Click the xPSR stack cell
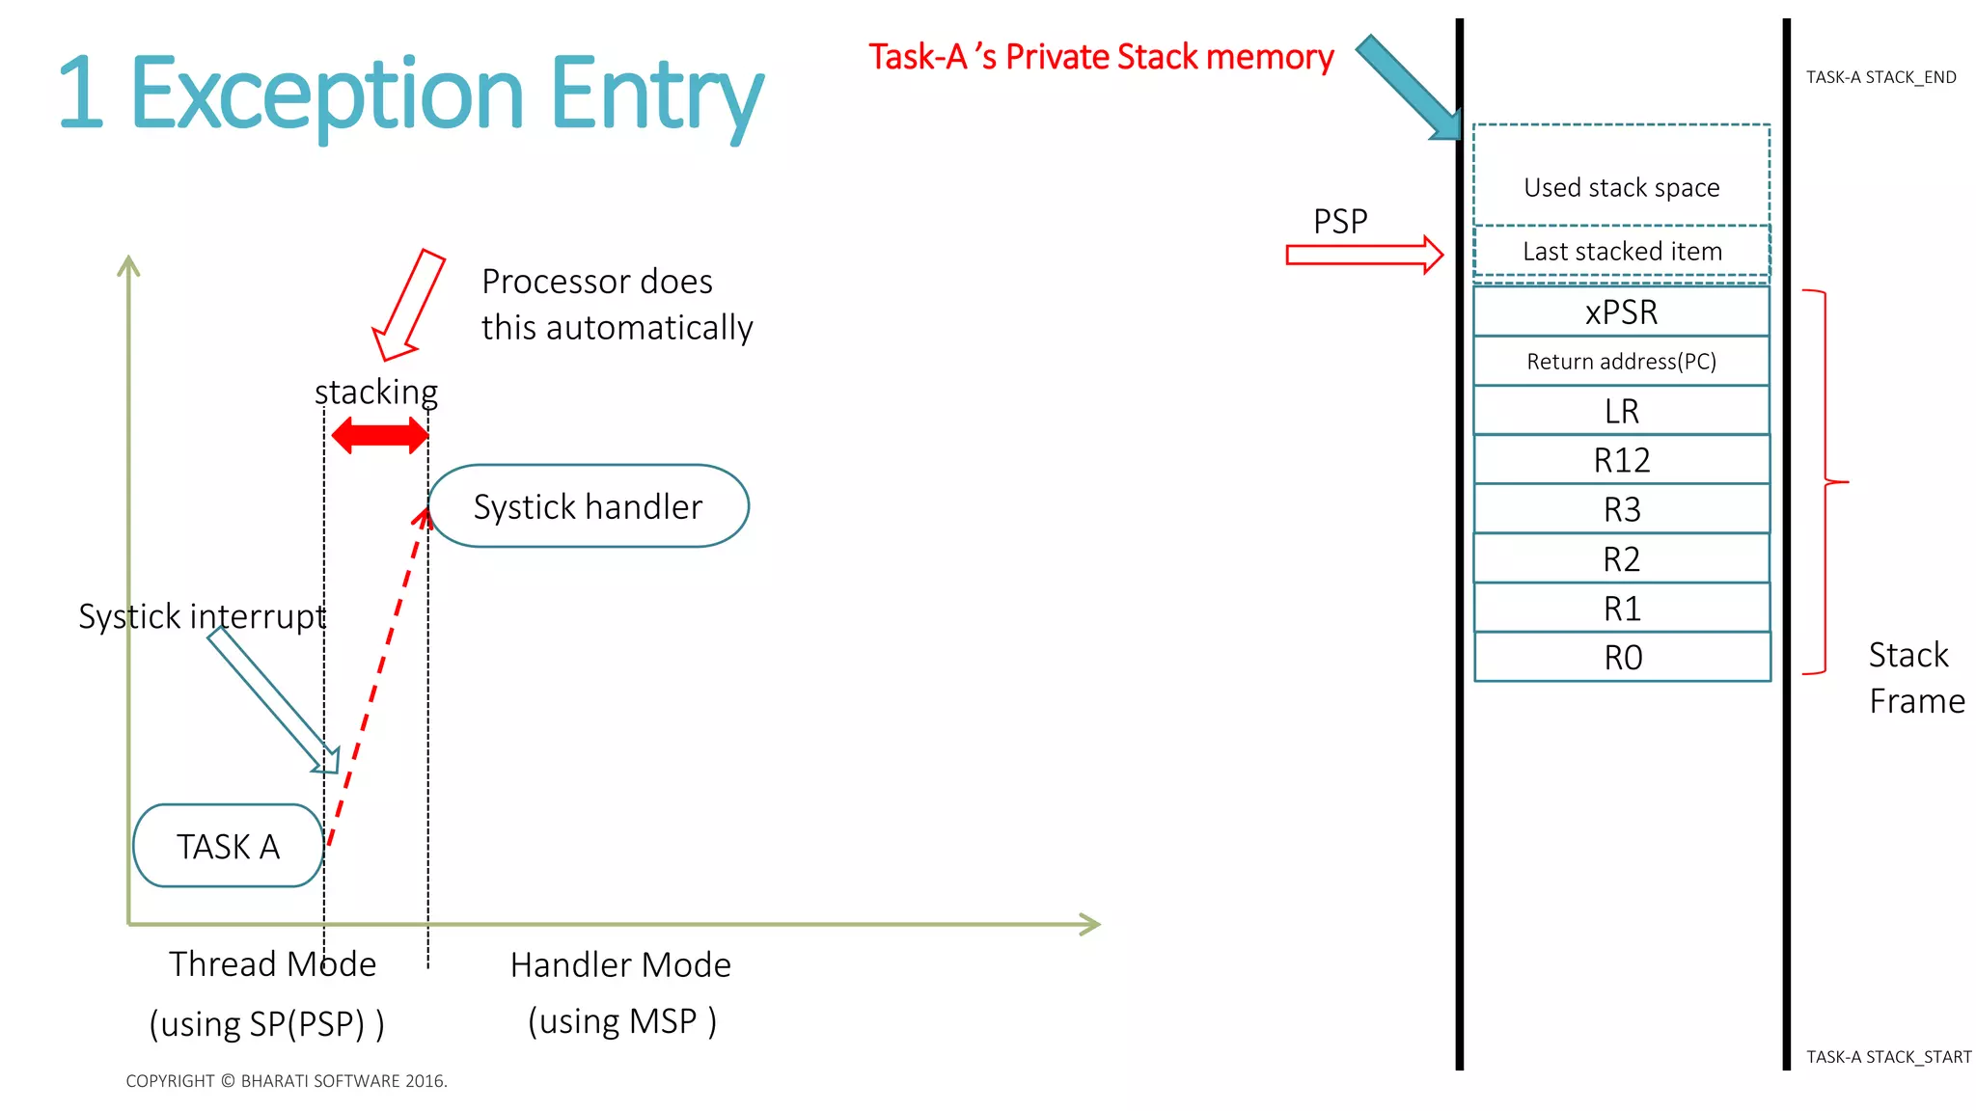(1621, 312)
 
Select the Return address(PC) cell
(1621, 362)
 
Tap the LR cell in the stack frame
(1621, 411)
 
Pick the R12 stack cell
(1621, 460)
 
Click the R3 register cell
(1621, 509)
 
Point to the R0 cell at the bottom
(1622, 657)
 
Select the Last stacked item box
(1622, 252)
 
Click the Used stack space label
(1621, 187)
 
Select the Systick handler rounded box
(589, 506)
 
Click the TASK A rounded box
(228, 846)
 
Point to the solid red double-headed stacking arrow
(379, 436)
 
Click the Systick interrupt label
(202, 616)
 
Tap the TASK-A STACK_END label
(1880, 77)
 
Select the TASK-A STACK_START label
(1888, 1057)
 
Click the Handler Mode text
(620, 964)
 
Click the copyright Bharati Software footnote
(287, 1081)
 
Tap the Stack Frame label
(1915, 678)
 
